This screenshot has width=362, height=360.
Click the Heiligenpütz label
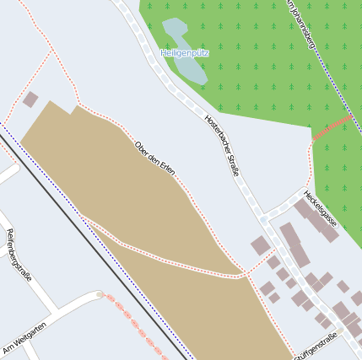pyautogui.click(x=185, y=53)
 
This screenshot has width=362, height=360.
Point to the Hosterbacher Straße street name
pyautogui.click(x=223, y=144)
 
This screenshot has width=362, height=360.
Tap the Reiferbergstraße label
pyautogui.click(x=18, y=255)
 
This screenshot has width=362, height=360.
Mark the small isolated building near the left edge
pyautogui.click(x=30, y=99)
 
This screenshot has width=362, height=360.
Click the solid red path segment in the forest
pyautogui.click(x=332, y=127)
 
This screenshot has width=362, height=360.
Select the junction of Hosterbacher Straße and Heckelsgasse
pyautogui.click(x=264, y=218)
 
